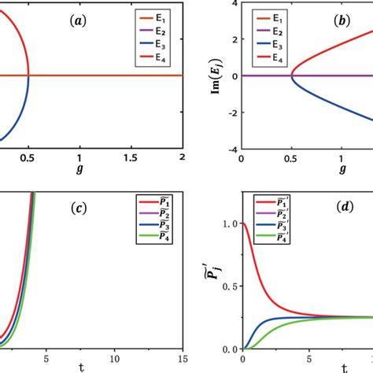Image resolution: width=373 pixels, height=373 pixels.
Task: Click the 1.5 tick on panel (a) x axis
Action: click(x=130, y=160)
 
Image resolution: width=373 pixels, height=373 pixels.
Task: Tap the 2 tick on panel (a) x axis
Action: click(x=182, y=160)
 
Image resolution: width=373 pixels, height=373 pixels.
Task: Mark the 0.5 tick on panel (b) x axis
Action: click(x=292, y=160)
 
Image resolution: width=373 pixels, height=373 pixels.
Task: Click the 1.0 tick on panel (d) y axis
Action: click(x=229, y=223)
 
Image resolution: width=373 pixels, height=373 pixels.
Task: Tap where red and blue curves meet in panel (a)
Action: click(x=28, y=76)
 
